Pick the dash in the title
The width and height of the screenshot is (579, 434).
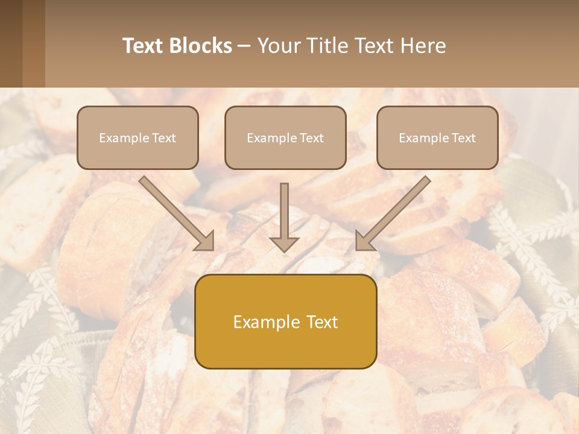pyautogui.click(x=244, y=46)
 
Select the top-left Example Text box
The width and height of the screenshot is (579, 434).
pyautogui.click(x=138, y=137)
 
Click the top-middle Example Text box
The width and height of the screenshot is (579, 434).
pyautogui.click(x=285, y=137)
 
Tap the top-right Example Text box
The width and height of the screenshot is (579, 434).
pyautogui.click(x=437, y=137)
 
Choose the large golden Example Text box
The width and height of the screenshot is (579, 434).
pyautogui.click(x=285, y=321)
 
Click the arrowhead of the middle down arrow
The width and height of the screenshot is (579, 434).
pyautogui.click(x=284, y=244)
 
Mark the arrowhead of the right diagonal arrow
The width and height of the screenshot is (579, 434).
pyautogui.click(x=364, y=241)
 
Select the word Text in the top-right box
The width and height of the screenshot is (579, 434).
pyautogui.click(x=464, y=138)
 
